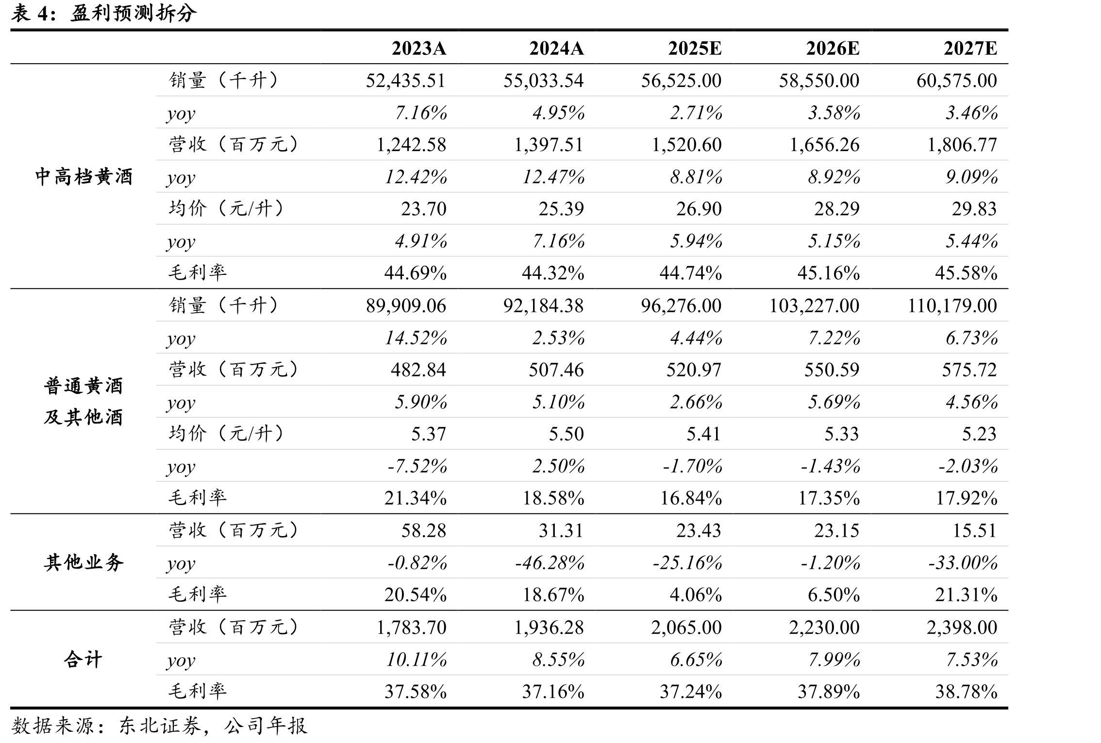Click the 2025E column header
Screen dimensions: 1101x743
(695, 49)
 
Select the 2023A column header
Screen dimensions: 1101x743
(419, 49)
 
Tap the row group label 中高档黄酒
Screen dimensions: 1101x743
(84, 176)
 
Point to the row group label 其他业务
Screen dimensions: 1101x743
(84, 562)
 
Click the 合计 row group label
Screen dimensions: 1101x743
(83, 659)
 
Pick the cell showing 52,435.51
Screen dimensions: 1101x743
(406, 81)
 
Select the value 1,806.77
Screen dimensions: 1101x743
(962, 145)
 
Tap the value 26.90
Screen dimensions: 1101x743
(699, 209)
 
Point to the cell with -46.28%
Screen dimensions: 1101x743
(550, 563)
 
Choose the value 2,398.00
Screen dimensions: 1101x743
(962, 627)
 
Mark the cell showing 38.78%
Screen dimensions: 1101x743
(967, 692)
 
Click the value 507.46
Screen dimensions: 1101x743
(556, 370)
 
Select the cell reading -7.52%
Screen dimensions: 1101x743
(417, 466)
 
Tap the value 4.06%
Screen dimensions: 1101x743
(696, 595)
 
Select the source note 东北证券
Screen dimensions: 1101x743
(160, 726)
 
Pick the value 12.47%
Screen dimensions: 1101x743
(553, 177)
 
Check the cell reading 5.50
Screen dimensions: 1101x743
(566, 434)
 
